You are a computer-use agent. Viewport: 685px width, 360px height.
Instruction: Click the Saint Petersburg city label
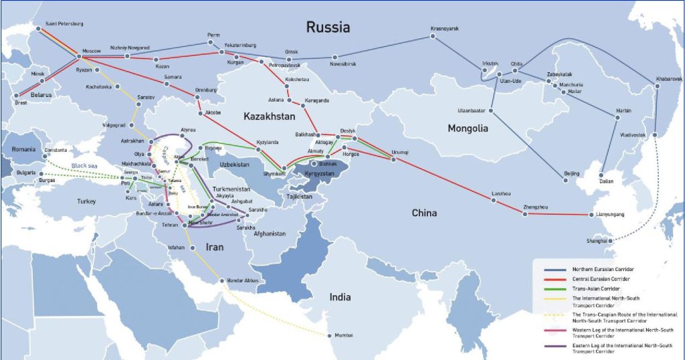[64, 24]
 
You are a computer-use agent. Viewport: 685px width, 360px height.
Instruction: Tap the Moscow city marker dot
[75, 58]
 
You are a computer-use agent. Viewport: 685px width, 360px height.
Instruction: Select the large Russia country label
[328, 27]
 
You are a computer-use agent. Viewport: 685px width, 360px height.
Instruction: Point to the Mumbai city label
[344, 335]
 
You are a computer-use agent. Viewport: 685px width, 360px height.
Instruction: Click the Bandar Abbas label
[243, 280]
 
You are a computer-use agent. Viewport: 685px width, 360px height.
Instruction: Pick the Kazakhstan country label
[269, 116]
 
